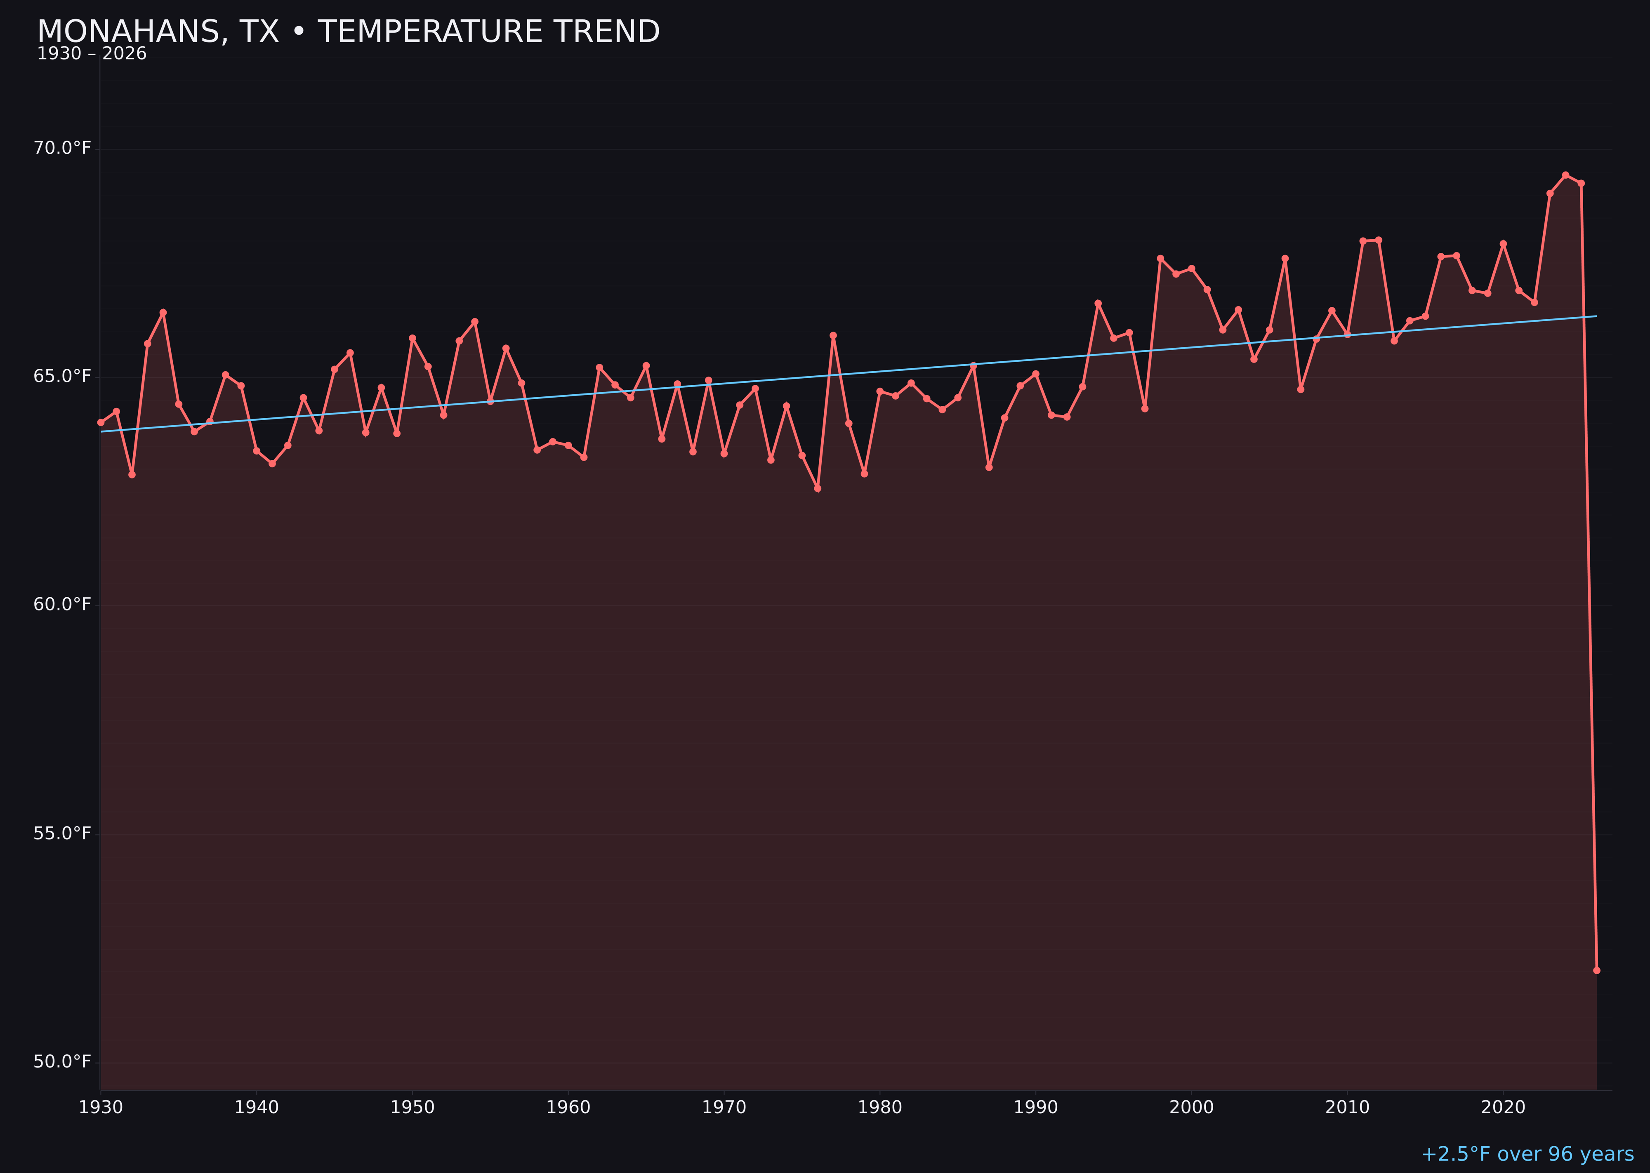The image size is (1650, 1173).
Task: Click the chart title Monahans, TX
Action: (348, 32)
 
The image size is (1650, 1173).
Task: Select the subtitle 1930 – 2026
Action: (92, 54)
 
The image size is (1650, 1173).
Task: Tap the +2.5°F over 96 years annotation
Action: (1527, 1154)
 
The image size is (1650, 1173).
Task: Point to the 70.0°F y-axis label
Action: (62, 148)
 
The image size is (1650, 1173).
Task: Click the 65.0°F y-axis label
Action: (62, 376)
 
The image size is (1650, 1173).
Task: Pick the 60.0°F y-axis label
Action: (62, 605)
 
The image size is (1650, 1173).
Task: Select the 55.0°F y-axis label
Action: (62, 834)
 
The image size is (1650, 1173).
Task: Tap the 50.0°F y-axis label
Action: (62, 1062)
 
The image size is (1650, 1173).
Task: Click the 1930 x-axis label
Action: (100, 1107)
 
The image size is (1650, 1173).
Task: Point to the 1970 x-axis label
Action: (724, 1107)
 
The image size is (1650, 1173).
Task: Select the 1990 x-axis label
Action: (1035, 1107)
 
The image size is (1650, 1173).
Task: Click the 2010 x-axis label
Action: (1347, 1107)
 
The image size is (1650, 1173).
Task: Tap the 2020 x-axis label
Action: (1503, 1107)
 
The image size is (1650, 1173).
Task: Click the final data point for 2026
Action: (1596, 970)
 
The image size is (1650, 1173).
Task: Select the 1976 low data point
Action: (818, 488)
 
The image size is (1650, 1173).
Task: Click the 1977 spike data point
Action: (833, 335)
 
